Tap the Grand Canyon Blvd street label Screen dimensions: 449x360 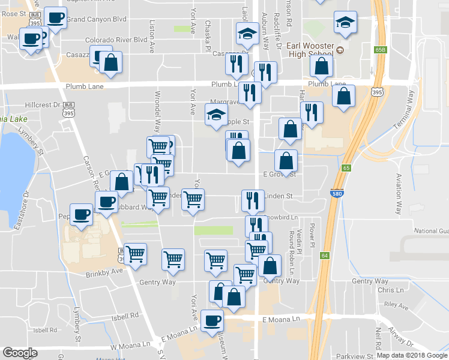pyautogui.click(x=97, y=19)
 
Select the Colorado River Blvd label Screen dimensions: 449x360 pyautogui.click(x=116, y=40)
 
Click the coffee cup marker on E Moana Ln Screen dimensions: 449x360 pyautogui.click(x=211, y=319)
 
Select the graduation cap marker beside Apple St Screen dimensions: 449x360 pyautogui.click(x=216, y=114)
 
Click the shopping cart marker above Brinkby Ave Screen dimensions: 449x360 pyautogui.click(x=136, y=253)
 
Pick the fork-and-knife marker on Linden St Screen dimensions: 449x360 pyautogui.click(x=253, y=199)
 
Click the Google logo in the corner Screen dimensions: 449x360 pyautogui.click(x=20, y=353)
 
